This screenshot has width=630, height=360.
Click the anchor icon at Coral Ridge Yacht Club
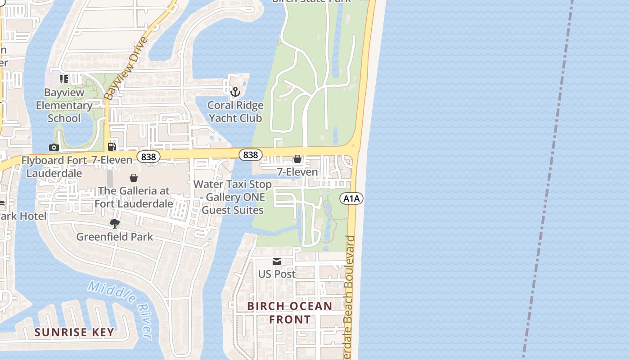(235, 92)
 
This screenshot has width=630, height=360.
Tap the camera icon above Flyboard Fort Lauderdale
(54, 147)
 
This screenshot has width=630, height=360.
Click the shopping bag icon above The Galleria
(134, 178)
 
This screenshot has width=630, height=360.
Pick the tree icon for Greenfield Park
(115, 223)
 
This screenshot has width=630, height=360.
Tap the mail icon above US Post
(277, 261)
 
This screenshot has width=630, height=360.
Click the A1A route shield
(351, 198)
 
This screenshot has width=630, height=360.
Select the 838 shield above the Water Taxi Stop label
(250, 155)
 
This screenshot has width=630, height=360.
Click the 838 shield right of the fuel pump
(148, 157)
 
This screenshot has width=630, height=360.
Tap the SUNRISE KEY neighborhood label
(75, 333)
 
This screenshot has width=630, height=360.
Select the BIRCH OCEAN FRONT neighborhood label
(290, 313)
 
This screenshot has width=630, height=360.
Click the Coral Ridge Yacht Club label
(235, 112)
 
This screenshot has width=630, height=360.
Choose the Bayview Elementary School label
(64, 105)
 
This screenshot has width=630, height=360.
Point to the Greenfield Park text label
(115, 237)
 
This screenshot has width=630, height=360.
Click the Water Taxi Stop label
(233, 197)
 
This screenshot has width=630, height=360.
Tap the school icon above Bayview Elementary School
(64, 79)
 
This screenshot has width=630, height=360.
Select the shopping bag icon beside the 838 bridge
(297, 159)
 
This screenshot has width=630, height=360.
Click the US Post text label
(277, 274)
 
